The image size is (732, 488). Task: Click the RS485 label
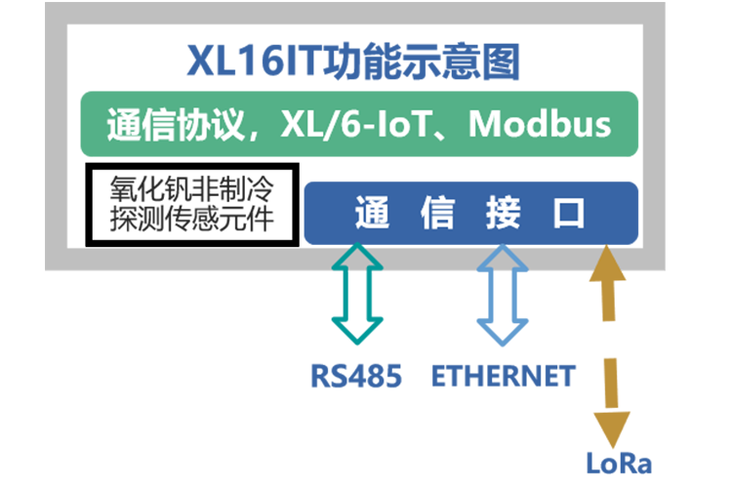(356, 376)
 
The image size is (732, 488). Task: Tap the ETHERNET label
(503, 376)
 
